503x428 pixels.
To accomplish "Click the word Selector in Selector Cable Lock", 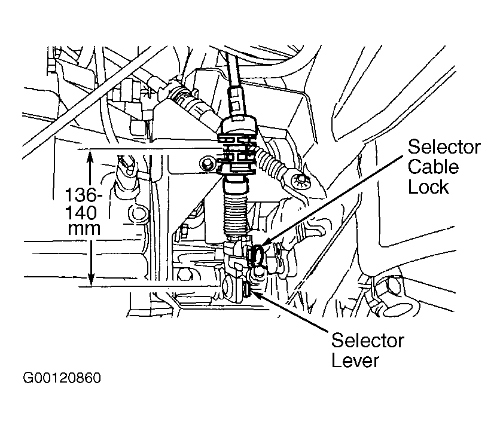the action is pyautogui.click(x=444, y=147).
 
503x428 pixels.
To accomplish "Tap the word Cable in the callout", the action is pyautogui.click(x=433, y=167).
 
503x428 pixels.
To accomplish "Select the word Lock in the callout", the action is pyautogui.click(x=429, y=187).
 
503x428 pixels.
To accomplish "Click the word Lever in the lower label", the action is pyautogui.click(x=355, y=360).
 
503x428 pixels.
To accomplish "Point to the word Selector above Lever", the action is pyautogui.click(x=368, y=341).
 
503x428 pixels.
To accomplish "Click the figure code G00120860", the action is pyautogui.click(x=62, y=378).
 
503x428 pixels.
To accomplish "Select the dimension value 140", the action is pyautogui.click(x=81, y=212).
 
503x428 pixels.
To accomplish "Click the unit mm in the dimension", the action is pyautogui.click(x=84, y=229).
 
